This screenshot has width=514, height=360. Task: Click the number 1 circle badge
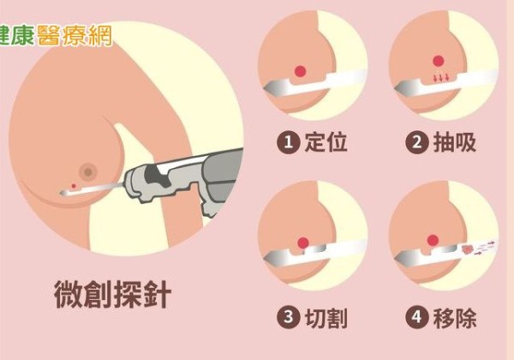288,142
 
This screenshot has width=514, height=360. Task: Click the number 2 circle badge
417,142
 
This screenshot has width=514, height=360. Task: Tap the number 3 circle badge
288,317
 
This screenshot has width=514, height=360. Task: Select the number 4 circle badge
417,317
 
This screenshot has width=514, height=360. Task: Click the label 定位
326,142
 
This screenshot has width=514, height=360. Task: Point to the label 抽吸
455,142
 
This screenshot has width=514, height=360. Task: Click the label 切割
326,317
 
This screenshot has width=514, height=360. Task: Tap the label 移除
455,317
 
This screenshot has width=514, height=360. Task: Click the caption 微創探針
112,294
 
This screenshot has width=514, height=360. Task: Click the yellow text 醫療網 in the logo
75,35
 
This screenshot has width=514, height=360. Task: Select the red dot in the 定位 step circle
301,71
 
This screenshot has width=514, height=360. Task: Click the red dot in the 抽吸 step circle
439,61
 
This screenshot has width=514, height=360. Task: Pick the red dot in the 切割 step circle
303,243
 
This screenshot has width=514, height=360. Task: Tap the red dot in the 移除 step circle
433,240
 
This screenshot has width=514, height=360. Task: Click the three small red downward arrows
441,78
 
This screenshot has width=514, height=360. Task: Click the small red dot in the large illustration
74,186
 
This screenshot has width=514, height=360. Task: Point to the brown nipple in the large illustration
88,171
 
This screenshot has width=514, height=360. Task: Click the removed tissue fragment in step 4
467,250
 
